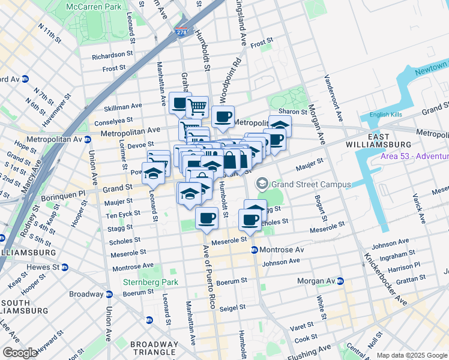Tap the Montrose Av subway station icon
[x=255, y=250]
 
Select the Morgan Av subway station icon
[x=340, y=281]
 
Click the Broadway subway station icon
[x=109, y=294]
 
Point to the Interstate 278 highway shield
[x=181, y=33]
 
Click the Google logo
[x=20, y=353]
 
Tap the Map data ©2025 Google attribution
[x=411, y=355]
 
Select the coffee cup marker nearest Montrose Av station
[x=250, y=220]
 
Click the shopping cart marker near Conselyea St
[x=197, y=107]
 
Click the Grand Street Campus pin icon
[x=262, y=184]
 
